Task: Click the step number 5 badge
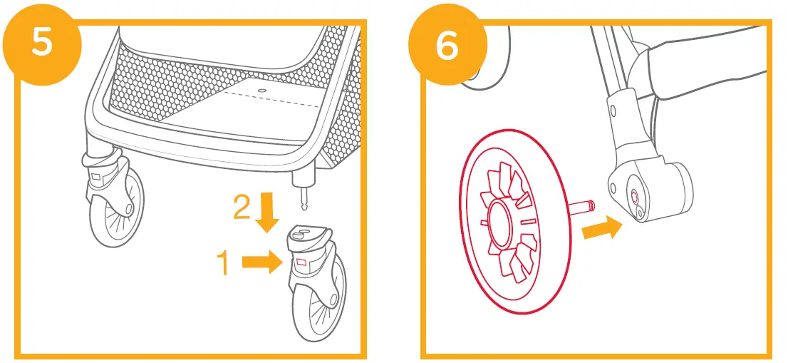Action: tap(41, 42)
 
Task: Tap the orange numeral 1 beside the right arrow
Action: tap(222, 263)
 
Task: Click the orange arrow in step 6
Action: tap(601, 230)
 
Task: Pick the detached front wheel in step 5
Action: tap(318, 293)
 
